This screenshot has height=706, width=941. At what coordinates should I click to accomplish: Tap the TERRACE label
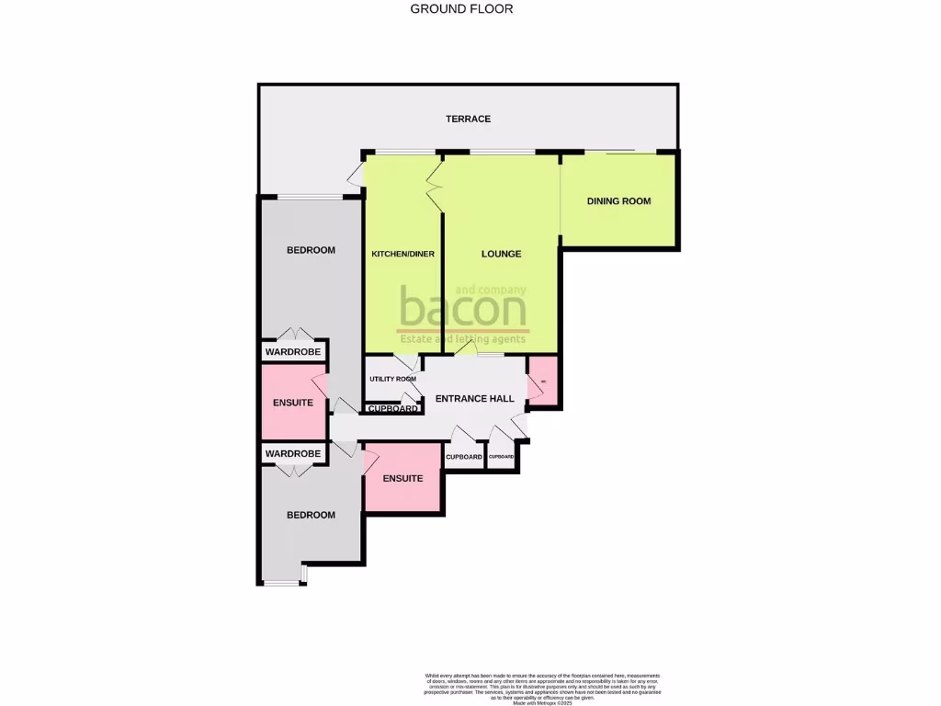click(x=468, y=119)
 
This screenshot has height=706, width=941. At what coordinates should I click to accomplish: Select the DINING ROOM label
click(x=618, y=200)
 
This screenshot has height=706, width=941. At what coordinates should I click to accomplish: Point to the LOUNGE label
click(x=501, y=254)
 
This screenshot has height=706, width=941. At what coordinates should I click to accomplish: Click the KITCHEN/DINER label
click(x=402, y=254)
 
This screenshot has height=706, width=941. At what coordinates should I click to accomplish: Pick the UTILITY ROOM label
click(x=392, y=379)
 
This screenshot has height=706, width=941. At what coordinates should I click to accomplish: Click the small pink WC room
click(x=543, y=381)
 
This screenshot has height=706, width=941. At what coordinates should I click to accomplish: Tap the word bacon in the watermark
click(x=462, y=310)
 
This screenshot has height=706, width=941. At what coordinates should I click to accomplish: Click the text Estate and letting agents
click(x=461, y=339)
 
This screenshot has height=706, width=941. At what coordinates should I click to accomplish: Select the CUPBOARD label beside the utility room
click(x=392, y=408)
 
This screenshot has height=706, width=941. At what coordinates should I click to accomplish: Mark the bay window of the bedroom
click(x=282, y=581)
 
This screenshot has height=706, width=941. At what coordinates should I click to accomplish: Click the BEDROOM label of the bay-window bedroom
click(x=311, y=515)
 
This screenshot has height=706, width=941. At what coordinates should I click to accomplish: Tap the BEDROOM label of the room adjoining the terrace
click(x=311, y=250)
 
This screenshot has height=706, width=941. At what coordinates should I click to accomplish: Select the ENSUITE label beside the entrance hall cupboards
click(x=402, y=478)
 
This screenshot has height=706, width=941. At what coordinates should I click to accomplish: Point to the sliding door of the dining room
click(x=610, y=151)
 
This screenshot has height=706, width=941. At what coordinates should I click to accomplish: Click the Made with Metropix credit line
click(x=542, y=702)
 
